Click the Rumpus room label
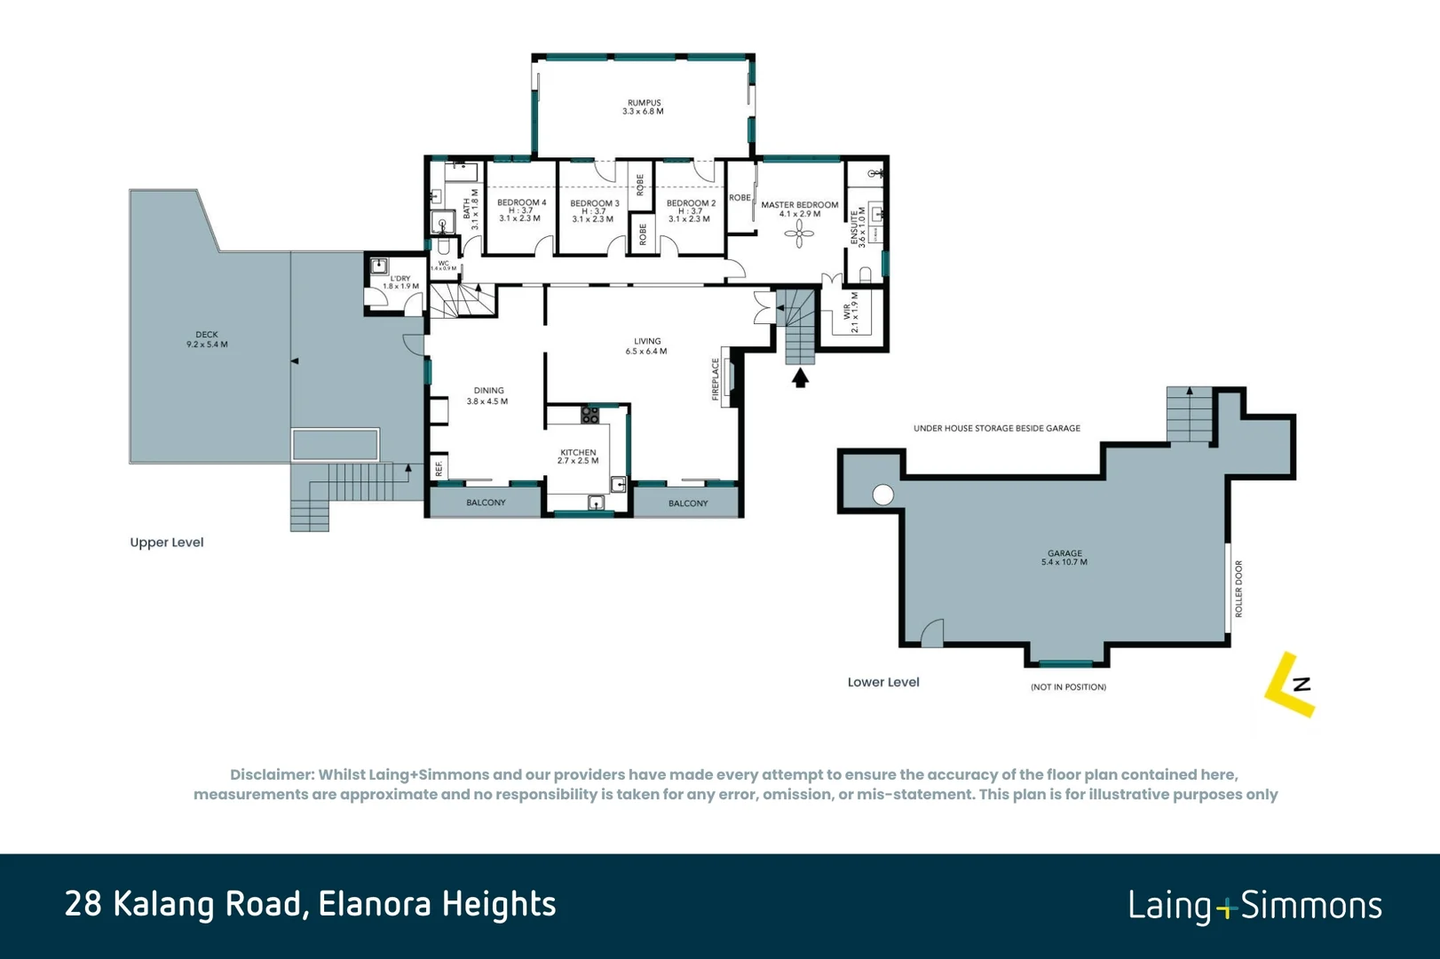pyautogui.click(x=644, y=107)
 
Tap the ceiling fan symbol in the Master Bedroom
pyautogui.click(x=799, y=234)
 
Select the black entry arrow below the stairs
pyautogui.click(x=800, y=379)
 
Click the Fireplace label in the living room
pyautogui.click(x=716, y=379)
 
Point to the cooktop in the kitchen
pyautogui.click(x=590, y=414)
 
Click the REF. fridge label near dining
pyautogui.click(x=439, y=467)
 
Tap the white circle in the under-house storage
pyautogui.click(x=882, y=495)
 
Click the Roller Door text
pyautogui.click(x=1238, y=589)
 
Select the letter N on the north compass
pyautogui.click(x=1302, y=684)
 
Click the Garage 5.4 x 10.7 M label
pyautogui.click(x=1064, y=558)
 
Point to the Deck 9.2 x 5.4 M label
pyautogui.click(x=207, y=339)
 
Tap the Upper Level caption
pyautogui.click(x=167, y=543)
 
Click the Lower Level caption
pyautogui.click(x=883, y=682)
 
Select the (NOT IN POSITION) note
pyautogui.click(x=1068, y=687)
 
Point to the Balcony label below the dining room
pyautogui.click(x=486, y=503)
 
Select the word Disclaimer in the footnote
pyautogui.click(x=272, y=775)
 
